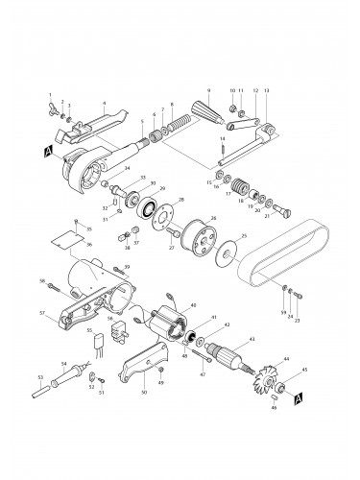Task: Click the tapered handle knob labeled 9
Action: pyautogui.click(x=214, y=119)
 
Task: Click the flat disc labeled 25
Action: pyautogui.click(x=229, y=252)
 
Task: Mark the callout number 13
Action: pyautogui.click(x=266, y=89)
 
